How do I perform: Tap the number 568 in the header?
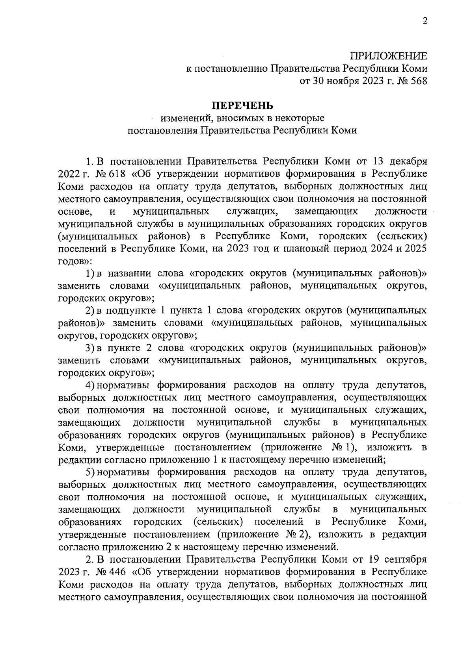(417, 81)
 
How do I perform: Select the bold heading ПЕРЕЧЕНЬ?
(242, 106)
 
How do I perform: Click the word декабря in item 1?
(408, 161)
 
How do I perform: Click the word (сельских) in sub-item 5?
(218, 522)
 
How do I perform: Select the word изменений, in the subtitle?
(185, 118)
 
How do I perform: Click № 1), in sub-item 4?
(342, 447)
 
